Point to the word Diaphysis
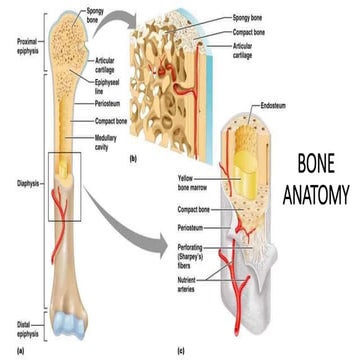pos(17,182)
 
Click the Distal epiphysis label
pos(17,326)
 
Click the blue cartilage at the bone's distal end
pos(73,321)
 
